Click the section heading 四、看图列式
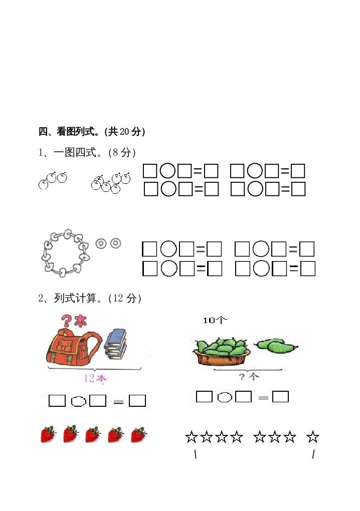(92, 132)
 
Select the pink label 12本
(95, 378)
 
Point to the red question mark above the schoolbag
(66, 321)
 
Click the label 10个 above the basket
(215, 321)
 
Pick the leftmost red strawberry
(48, 434)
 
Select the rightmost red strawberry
(138, 434)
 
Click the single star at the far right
(312, 437)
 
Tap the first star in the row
(192, 437)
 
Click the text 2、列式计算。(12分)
(90, 299)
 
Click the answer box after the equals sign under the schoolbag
(137, 401)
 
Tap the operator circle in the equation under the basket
(225, 397)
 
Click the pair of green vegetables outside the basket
(276, 345)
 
